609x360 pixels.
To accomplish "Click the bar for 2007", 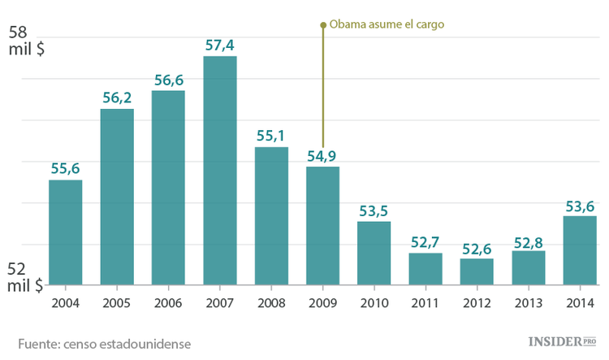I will (x=219, y=171).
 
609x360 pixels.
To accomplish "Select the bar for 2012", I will (x=477, y=271).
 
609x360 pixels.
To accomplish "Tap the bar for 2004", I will (x=65, y=232).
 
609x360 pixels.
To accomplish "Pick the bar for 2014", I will (x=579, y=250).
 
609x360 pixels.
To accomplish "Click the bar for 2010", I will (x=374, y=253).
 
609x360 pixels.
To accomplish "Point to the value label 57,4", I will (x=220, y=46).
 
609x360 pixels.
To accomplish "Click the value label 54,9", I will (x=322, y=155).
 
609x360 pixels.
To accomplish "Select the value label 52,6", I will (x=477, y=248).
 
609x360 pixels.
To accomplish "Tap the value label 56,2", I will (x=117, y=98).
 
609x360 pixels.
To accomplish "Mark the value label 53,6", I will (x=579, y=205).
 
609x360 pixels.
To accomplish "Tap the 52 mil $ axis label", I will (x=26, y=277).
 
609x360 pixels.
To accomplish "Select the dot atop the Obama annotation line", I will (x=323, y=25).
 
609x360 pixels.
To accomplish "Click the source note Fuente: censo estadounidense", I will (x=104, y=343).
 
